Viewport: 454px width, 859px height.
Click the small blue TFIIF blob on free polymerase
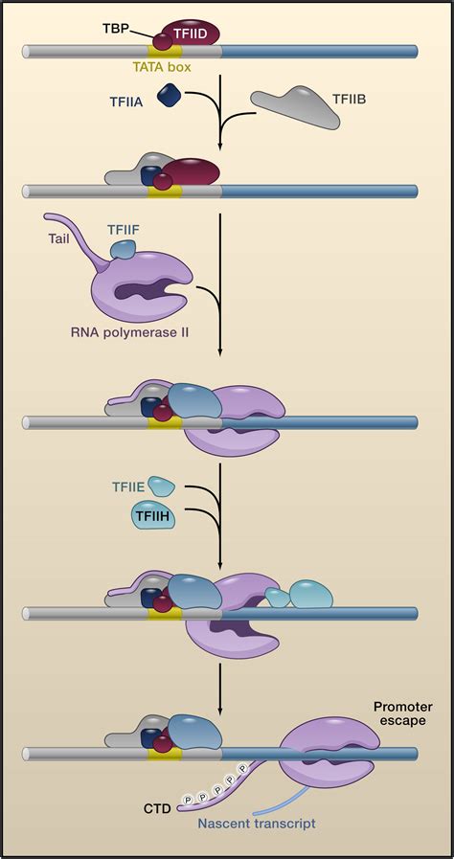[124, 250]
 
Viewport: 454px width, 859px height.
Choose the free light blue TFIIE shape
[162, 487]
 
